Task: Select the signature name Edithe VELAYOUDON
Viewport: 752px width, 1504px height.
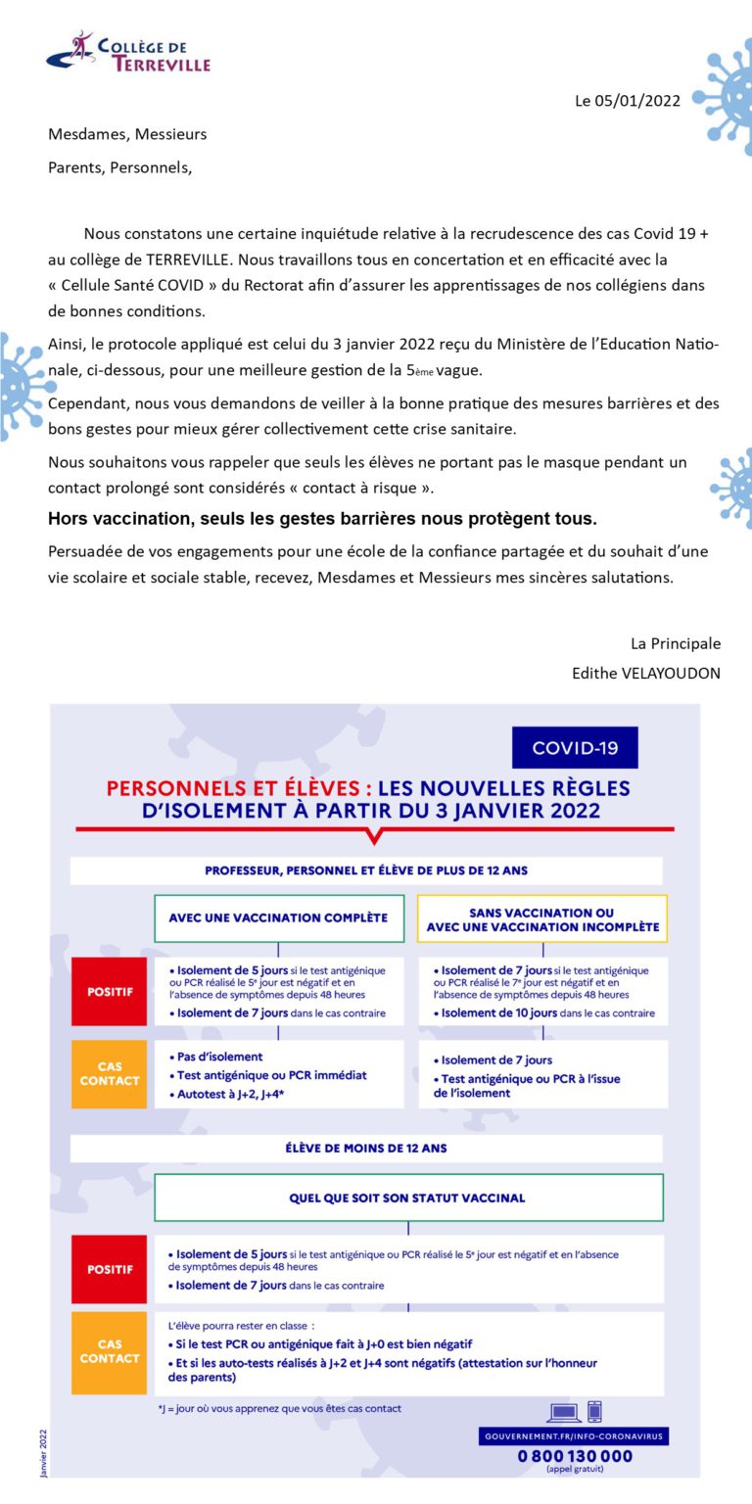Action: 646,674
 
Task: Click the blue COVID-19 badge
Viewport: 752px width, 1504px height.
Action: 575,748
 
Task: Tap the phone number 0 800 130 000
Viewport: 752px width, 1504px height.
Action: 575,1456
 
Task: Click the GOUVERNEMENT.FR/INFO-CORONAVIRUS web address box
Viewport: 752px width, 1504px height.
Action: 574,1435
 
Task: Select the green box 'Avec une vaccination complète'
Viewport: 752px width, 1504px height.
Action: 278,918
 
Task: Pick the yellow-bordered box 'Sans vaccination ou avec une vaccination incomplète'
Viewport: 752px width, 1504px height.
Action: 542,918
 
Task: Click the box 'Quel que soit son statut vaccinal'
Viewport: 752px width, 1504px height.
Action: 407,1198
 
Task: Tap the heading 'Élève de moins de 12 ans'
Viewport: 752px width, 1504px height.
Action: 366,1148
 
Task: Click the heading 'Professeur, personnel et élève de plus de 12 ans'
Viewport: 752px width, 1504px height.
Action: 366,870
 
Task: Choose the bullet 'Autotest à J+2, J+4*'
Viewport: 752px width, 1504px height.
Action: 227,1093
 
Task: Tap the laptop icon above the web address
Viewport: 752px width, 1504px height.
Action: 564,1413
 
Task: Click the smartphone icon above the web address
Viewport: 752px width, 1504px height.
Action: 594,1412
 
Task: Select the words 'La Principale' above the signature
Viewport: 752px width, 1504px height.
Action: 676,643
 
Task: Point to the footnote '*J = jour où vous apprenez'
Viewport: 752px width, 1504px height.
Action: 279,1409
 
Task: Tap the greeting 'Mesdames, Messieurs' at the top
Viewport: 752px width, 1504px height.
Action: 127,134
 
